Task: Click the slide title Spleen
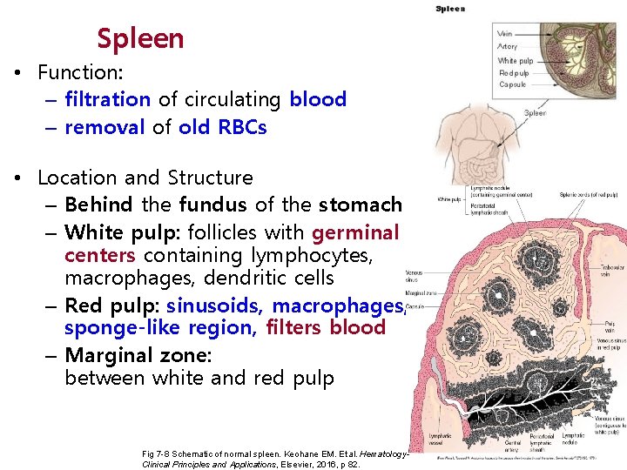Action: pyautogui.click(x=140, y=38)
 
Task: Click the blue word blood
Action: pyautogui.click(x=318, y=99)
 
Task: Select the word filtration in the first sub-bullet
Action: pyautogui.click(x=108, y=99)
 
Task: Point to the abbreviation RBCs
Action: pyautogui.click(x=239, y=127)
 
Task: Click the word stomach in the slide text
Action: pyautogui.click(x=360, y=205)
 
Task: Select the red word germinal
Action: pyautogui.click(x=355, y=232)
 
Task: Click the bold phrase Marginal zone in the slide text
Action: pyautogui.click(x=138, y=355)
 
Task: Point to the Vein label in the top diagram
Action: pyautogui.click(x=504, y=34)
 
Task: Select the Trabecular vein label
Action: pyautogui.click(x=606, y=272)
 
